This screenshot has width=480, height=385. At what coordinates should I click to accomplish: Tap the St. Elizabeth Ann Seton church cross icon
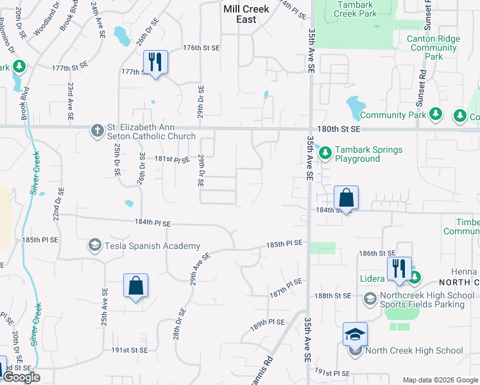point(97,131)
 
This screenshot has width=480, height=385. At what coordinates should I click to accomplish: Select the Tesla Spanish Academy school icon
point(95,246)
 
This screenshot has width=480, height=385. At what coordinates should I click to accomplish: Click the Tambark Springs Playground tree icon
point(325,152)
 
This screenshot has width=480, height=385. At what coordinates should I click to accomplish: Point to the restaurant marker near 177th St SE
point(155,62)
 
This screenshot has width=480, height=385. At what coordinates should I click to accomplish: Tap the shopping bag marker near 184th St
point(346,198)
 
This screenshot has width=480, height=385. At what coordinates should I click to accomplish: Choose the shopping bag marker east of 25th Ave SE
point(136,286)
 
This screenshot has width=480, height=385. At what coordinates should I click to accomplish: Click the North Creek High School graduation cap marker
point(355,334)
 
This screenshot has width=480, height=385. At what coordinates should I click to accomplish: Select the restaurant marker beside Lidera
point(399,270)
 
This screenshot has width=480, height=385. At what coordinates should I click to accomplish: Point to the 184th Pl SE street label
point(153,223)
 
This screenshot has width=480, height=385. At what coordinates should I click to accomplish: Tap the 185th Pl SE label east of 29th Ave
point(284,244)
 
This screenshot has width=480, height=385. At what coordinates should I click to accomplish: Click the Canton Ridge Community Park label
point(434,47)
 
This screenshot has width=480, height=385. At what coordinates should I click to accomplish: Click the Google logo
point(21,377)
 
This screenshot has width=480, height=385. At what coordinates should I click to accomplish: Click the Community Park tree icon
point(436,115)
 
